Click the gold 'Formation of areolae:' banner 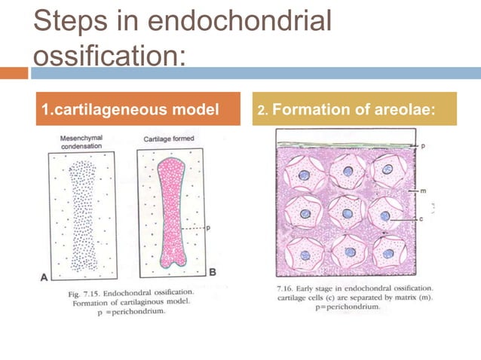pyautogui.click(x=354, y=109)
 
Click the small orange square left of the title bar pyautogui.click(x=14, y=73)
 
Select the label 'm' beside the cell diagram pyautogui.click(x=422, y=191)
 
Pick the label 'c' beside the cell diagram pyautogui.click(x=422, y=218)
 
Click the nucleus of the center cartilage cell pyautogui.click(x=348, y=214)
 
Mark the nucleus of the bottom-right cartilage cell pyautogui.click(x=388, y=253)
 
